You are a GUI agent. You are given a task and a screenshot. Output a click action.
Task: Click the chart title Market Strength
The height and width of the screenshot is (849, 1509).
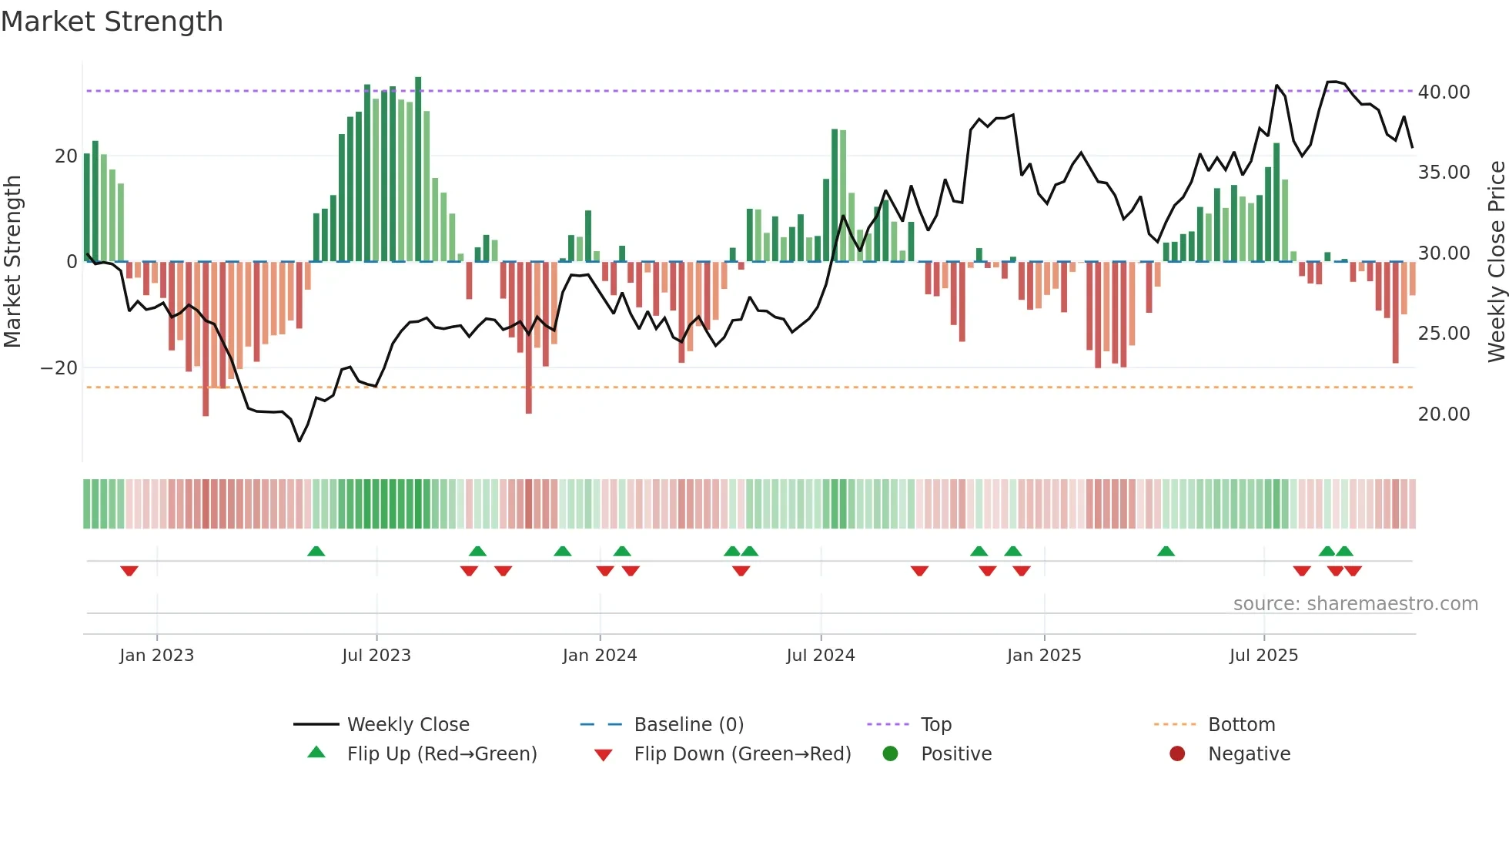point(112,22)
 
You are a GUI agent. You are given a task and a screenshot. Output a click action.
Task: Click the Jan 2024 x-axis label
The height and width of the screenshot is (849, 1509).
point(600,656)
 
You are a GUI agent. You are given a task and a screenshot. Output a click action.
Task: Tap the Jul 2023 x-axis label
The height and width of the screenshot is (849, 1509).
point(376,656)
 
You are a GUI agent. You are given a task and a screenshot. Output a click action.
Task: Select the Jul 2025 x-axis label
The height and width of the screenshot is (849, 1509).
point(1263,656)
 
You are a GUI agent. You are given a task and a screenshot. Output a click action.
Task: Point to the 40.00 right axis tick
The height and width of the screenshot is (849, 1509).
point(1444,92)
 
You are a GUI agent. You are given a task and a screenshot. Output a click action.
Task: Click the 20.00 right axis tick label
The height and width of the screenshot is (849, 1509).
point(1444,414)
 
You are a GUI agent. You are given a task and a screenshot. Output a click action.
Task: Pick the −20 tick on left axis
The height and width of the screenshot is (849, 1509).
point(59,368)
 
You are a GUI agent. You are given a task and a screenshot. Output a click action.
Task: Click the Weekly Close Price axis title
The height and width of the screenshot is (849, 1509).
point(1496,261)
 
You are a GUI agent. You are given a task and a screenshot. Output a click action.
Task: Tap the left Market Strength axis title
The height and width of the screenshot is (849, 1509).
point(12,261)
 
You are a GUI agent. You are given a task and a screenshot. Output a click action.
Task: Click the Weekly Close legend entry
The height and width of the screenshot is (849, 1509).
point(407,725)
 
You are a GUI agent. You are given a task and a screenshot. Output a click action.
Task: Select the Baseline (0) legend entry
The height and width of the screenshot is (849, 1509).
point(688,725)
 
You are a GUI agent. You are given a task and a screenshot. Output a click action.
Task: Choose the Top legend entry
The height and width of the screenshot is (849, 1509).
point(935,725)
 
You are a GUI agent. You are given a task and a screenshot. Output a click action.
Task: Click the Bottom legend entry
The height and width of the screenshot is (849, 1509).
point(1241,725)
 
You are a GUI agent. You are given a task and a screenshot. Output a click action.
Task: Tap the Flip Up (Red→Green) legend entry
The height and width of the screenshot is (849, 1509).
point(441,754)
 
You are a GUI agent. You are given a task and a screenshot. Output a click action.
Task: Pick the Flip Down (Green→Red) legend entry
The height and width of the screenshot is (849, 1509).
point(742,754)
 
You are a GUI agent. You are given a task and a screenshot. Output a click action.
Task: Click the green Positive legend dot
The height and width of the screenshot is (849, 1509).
point(891,754)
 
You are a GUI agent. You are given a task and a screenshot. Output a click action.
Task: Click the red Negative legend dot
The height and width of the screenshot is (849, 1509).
point(1177,754)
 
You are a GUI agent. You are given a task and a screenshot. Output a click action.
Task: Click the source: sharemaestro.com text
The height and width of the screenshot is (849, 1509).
point(1355,604)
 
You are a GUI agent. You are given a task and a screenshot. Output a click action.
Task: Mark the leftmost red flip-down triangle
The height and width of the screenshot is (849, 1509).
point(129,571)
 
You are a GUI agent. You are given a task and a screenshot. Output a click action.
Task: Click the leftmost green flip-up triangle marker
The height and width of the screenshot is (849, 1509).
point(316,551)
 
